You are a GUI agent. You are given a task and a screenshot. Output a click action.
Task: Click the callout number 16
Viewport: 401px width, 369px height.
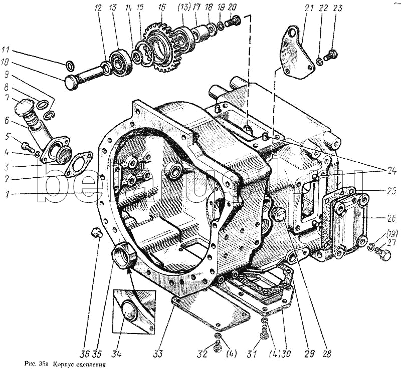161,8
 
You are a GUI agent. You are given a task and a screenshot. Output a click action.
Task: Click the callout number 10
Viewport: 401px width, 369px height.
5,63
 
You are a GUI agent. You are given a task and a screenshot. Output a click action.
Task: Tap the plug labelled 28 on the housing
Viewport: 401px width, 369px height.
281,216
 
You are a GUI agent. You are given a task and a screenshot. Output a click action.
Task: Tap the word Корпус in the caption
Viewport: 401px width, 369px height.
66,364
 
